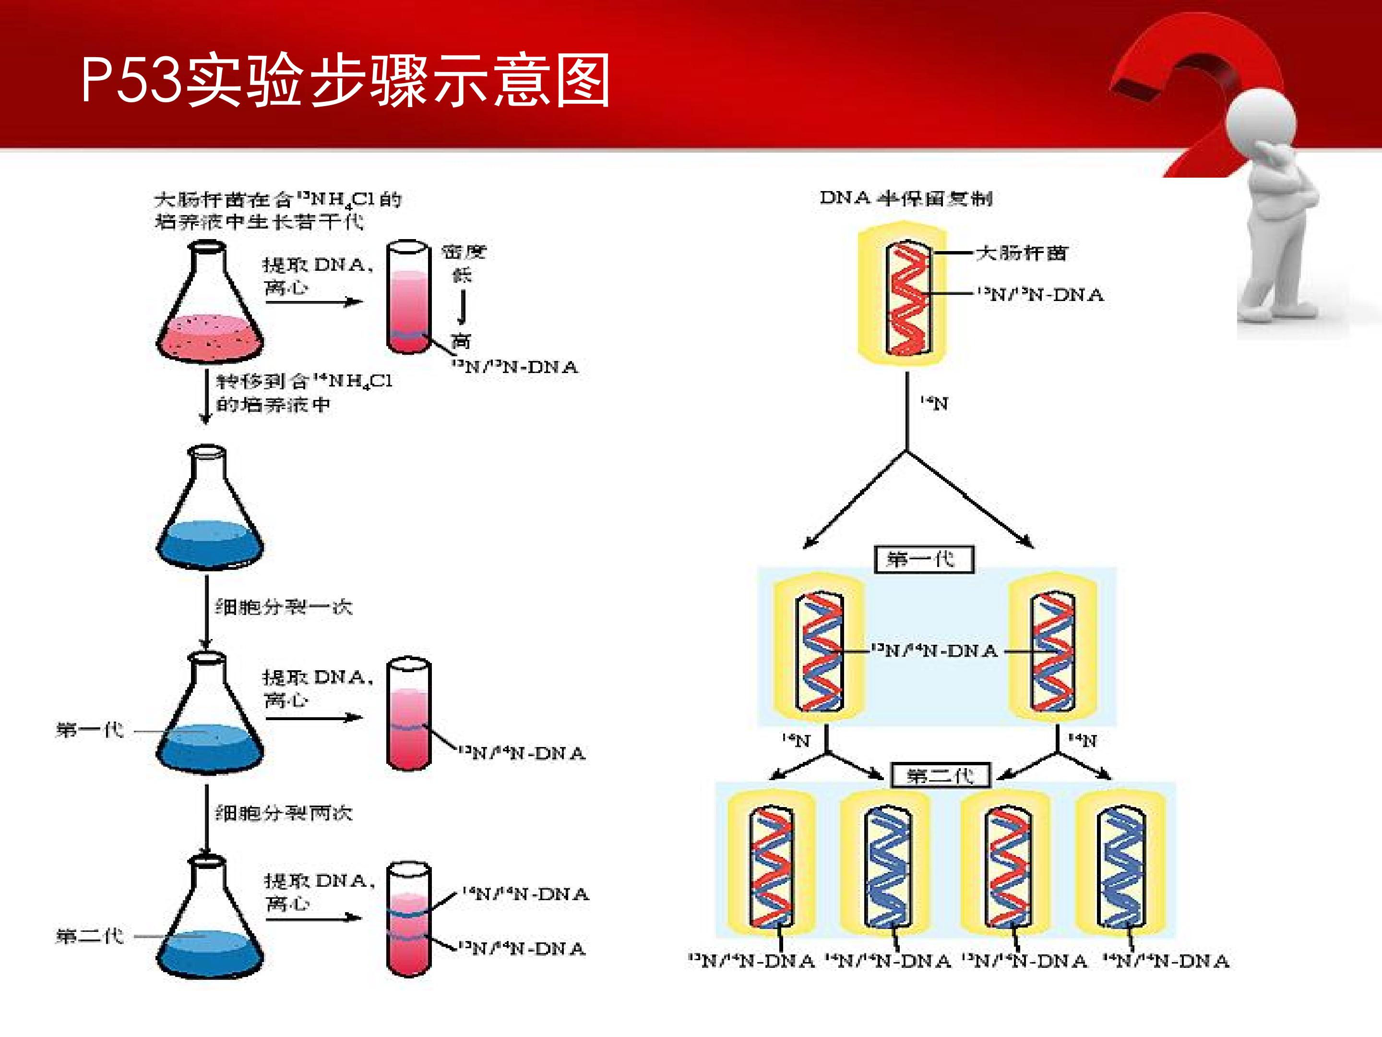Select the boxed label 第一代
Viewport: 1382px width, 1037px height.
click(923, 559)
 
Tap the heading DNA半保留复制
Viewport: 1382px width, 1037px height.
click(906, 199)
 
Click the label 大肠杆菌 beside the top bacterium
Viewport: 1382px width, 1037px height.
click(1022, 253)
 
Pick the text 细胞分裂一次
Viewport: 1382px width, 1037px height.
click(284, 606)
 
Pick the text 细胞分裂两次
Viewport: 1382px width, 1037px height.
click(284, 813)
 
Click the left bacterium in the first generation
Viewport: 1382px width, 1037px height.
click(819, 650)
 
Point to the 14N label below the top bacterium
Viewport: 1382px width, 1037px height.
click(934, 404)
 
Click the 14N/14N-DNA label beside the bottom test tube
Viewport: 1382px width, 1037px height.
click(525, 894)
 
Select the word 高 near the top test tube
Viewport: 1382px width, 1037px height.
click(461, 341)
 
